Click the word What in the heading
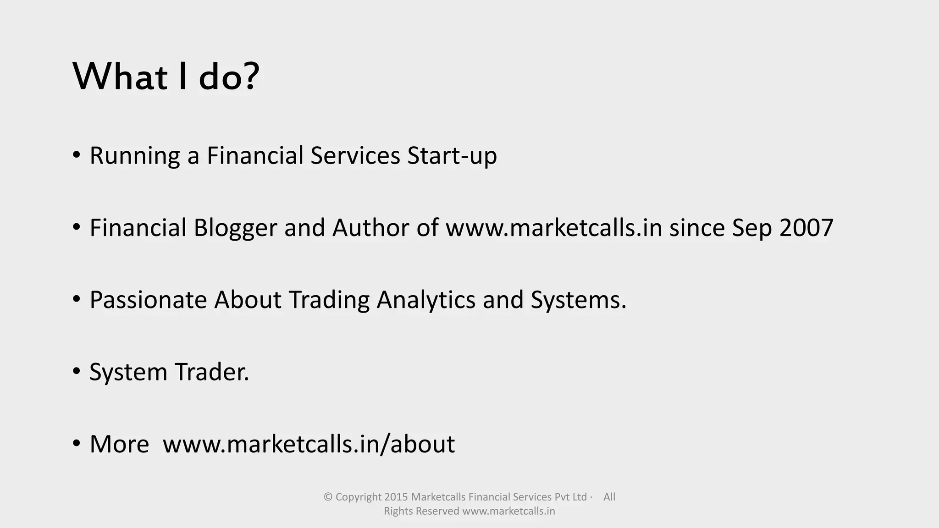pyautogui.click(x=120, y=77)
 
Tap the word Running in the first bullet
pyautogui.click(x=134, y=156)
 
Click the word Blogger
pyautogui.click(x=235, y=228)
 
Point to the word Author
pyautogui.click(x=370, y=228)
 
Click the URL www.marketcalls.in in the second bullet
pyautogui.click(x=554, y=228)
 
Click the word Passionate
pyautogui.click(x=148, y=300)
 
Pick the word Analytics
pyautogui.click(x=426, y=300)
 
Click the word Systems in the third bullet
pyautogui.click(x=578, y=300)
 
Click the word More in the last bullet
pyautogui.click(x=119, y=444)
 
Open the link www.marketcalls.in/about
pyautogui.click(x=309, y=444)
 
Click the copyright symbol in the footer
pyautogui.click(x=328, y=497)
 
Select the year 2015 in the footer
pyautogui.click(x=396, y=497)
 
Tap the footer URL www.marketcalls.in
pyautogui.click(x=508, y=511)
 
